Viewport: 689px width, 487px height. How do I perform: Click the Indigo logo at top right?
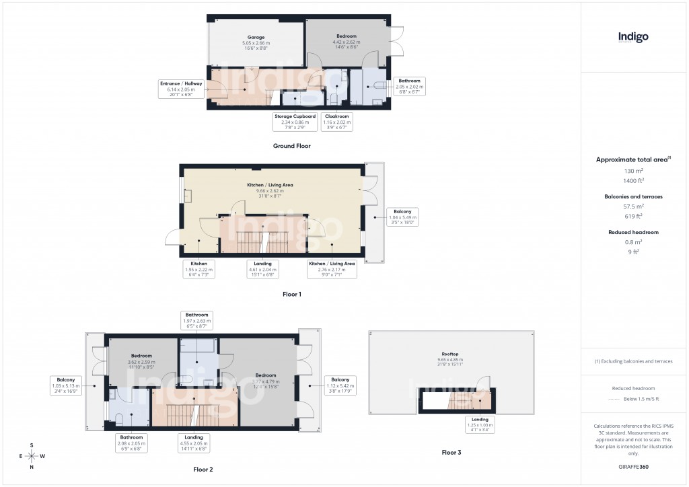pos(633,37)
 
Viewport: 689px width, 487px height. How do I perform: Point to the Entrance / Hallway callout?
pos(178,89)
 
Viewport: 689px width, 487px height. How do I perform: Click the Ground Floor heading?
pos(291,146)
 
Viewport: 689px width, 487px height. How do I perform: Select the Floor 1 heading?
pos(292,294)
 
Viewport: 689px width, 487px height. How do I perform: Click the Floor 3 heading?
pos(451,453)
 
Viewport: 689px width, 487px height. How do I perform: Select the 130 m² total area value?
pos(633,171)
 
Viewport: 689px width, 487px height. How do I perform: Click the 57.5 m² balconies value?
pos(633,207)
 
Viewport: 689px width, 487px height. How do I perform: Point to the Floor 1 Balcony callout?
pos(402,217)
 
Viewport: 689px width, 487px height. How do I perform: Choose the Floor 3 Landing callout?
pos(480,424)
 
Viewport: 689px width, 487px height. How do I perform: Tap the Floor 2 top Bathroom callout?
pos(197,320)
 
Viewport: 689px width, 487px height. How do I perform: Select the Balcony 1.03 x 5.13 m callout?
pos(70,385)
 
